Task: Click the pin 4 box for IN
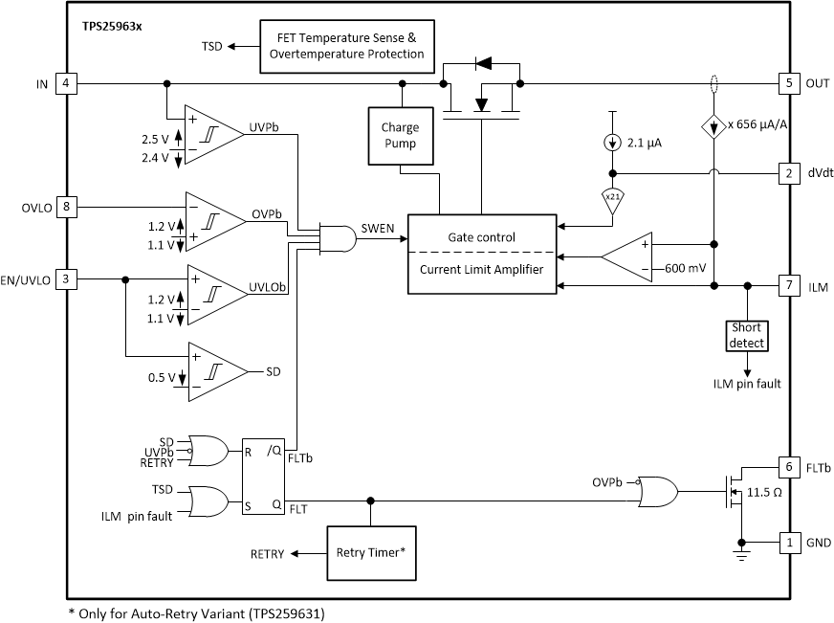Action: point(66,83)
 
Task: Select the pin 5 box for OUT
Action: point(788,83)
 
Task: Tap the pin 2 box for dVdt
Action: point(788,173)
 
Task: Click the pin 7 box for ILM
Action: point(788,285)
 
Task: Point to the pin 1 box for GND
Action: point(788,541)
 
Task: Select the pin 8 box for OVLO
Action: point(66,205)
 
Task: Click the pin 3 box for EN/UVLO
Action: point(66,278)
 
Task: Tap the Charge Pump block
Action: point(400,134)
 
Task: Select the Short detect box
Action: point(746,335)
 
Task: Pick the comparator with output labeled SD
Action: point(216,371)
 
